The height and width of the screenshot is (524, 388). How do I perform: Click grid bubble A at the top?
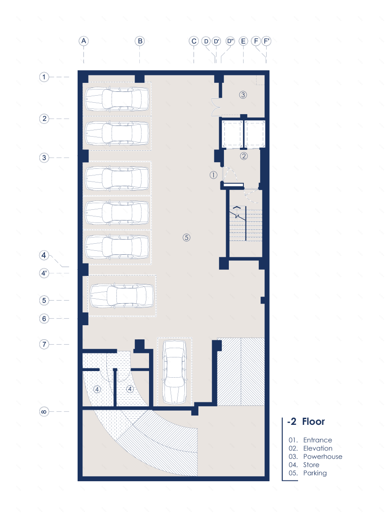(x=83, y=41)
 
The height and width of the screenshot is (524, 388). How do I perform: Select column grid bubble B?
(x=140, y=41)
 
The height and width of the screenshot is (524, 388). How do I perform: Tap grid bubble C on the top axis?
(x=194, y=41)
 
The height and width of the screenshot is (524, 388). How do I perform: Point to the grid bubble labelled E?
(x=243, y=41)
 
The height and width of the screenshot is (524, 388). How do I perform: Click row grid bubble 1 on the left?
(x=44, y=77)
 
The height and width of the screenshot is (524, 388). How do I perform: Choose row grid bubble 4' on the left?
(x=44, y=273)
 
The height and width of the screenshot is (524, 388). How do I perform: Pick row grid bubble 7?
(x=44, y=344)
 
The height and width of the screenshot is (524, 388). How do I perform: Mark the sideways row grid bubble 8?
(x=44, y=411)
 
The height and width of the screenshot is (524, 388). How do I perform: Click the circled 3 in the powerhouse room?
(x=243, y=95)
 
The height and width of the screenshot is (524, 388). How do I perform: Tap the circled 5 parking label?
(x=187, y=237)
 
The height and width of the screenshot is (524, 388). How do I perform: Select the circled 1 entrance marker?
(x=213, y=175)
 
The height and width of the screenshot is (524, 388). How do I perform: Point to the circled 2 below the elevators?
(x=244, y=156)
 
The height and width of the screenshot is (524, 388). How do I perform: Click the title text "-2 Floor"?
(x=306, y=421)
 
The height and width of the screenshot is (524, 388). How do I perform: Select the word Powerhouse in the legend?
(x=322, y=457)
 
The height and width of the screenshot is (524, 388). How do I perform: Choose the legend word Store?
(x=311, y=465)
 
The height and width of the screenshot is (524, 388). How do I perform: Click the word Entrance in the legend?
(x=317, y=440)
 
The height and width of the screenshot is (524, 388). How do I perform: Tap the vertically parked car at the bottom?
(x=174, y=372)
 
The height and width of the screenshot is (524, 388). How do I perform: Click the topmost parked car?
(x=117, y=99)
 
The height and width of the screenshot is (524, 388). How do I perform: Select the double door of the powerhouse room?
(x=216, y=107)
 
